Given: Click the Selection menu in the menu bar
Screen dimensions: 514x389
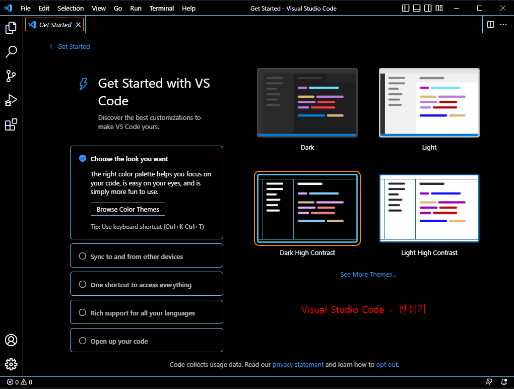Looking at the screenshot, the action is point(71,9).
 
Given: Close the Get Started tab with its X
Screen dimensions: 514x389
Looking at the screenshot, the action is point(78,25).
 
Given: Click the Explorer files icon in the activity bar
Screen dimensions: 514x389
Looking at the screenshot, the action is point(11,28).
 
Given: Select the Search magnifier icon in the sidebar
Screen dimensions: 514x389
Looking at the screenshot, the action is point(11,51).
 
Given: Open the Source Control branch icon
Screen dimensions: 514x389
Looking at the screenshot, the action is point(11,76).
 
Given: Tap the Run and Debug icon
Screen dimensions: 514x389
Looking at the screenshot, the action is point(11,100).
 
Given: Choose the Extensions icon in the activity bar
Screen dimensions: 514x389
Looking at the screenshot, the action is point(11,124).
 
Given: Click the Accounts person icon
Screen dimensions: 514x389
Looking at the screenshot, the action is point(11,340).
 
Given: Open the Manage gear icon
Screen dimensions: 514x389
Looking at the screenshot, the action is point(11,364).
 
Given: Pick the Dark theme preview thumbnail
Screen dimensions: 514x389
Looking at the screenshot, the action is point(307,103).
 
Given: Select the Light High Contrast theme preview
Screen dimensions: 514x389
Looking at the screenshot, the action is point(429,208).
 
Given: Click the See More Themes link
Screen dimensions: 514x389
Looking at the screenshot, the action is point(368,275).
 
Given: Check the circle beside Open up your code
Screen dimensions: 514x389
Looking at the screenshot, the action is point(83,341).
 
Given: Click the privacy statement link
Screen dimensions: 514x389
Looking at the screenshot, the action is point(298,365).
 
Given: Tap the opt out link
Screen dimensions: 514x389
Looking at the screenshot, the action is point(387,365).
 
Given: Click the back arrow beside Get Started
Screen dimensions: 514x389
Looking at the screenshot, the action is point(51,46).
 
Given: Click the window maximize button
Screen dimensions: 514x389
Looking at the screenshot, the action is point(480,8).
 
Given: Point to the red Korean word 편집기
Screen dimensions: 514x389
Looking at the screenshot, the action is point(412,309).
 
